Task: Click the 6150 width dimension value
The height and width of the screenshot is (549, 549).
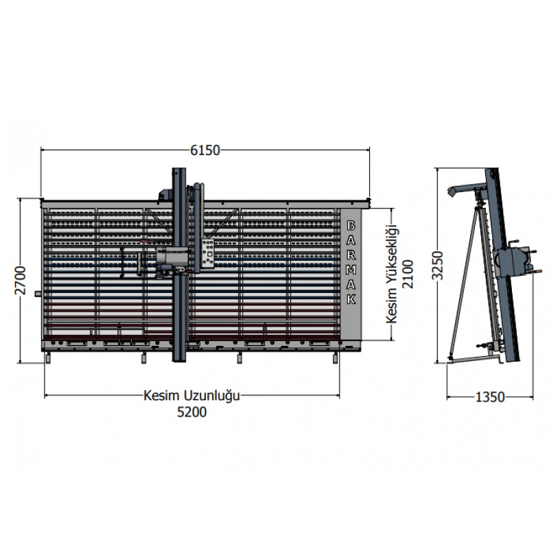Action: (205, 150)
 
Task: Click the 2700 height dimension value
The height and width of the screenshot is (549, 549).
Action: (21, 281)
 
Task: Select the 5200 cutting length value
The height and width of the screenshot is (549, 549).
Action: (192, 412)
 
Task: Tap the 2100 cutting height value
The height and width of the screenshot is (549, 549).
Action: (408, 274)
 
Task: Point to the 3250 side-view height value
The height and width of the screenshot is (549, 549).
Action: (438, 266)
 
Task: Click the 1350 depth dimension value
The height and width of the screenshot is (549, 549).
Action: (490, 397)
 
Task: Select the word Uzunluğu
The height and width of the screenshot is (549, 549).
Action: (212, 397)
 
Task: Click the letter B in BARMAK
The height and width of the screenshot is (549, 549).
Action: (351, 226)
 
